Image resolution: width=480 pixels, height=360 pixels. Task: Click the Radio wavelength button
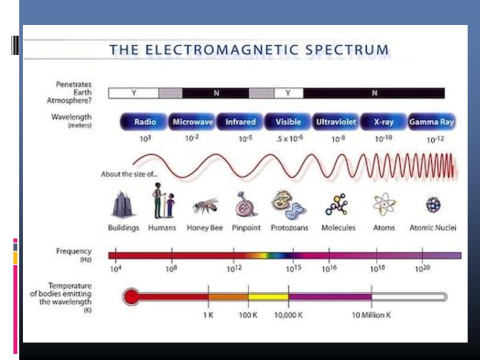(144, 121)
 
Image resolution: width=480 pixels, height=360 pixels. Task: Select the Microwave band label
(192, 121)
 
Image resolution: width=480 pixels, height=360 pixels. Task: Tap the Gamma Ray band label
(431, 121)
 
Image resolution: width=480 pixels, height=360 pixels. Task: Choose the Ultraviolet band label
(336, 121)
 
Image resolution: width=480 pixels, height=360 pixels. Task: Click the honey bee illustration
(205, 205)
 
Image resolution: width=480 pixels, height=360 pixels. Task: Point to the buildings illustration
(123, 204)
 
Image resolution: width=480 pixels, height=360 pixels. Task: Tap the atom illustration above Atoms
(384, 204)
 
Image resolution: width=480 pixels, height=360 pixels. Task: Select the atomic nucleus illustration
(433, 205)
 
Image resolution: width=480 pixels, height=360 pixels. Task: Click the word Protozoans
(289, 228)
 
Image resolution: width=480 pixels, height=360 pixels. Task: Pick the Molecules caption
(338, 228)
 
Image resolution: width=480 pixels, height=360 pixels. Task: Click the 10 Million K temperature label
(371, 315)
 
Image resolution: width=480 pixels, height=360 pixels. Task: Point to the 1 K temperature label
(208, 315)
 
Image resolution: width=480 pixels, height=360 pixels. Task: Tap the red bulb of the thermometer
(131, 296)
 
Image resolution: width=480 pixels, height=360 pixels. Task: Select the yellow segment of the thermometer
(268, 296)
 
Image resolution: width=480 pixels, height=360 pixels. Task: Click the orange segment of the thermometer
(228, 296)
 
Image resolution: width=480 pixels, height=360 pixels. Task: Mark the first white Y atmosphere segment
(133, 93)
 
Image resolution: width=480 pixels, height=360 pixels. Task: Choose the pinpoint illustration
(246, 204)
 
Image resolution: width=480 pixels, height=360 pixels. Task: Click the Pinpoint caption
(246, 228)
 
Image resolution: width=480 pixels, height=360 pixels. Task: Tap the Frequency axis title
(74, 251)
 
